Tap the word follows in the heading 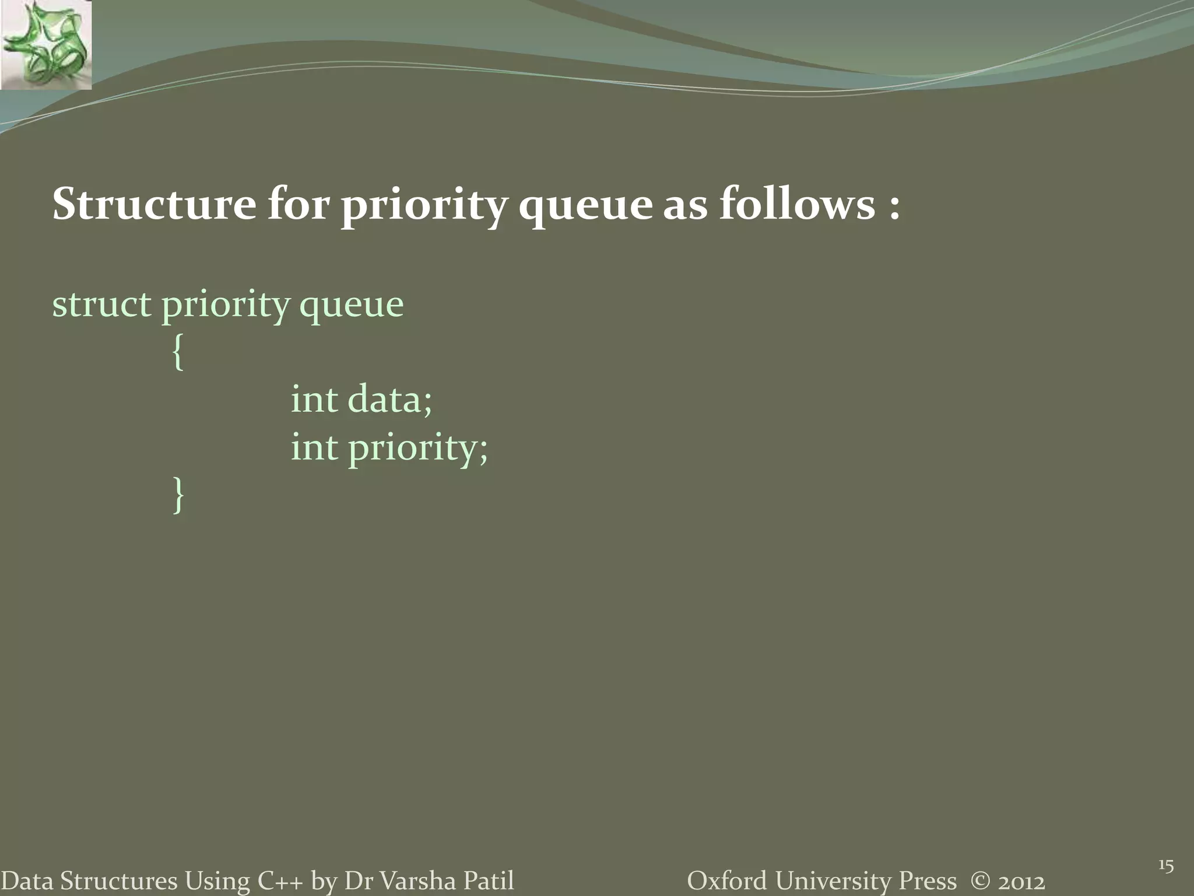pyautogui.click(x=796, y=205)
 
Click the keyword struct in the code pyautogui.click(x=101, y=304)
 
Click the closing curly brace pyautogui.click(x=178, y=495)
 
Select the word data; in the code pyautogui.click(x=389, y=400)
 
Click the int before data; pyautogui.click(x=314, y=400)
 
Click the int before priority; pyautogui.click(x=314, y=448)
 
